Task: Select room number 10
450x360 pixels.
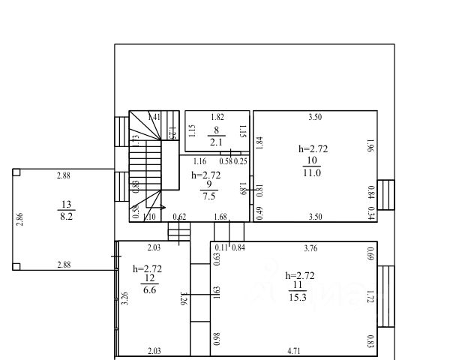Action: [x=311, y=160]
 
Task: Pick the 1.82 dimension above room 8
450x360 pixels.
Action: [x=217, y=117]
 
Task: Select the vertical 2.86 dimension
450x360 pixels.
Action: [x=20, y=220]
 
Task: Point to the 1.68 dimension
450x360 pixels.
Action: [x=220, y=217]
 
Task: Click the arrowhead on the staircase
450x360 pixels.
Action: [x=163, y=206]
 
